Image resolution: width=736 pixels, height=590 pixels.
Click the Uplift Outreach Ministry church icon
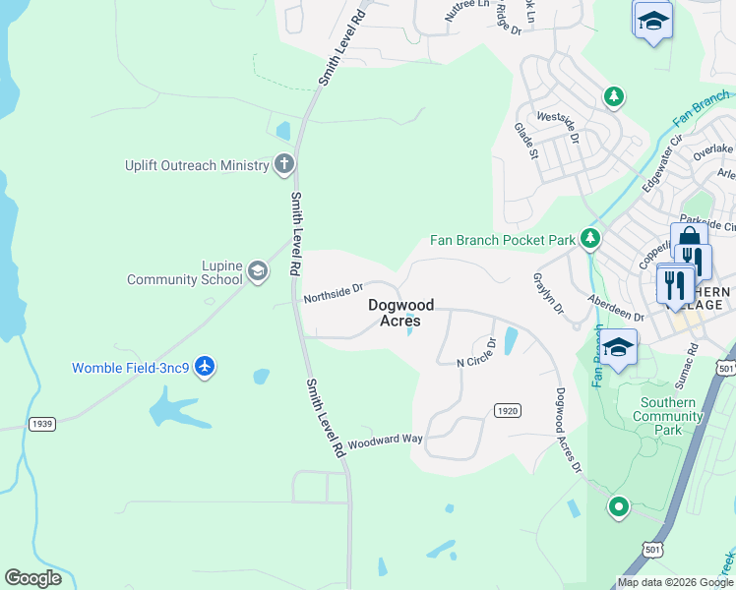[x=283, y=165]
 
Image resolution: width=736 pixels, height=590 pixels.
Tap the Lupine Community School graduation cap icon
[x=258, y=271]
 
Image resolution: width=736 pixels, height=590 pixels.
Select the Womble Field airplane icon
[x=205, y=368]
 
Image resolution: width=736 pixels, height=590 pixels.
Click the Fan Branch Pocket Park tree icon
[x=590, y=239]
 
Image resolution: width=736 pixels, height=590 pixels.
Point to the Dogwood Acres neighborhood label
[x=401, y=313]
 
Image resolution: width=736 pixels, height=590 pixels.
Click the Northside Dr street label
[x=334, y=292]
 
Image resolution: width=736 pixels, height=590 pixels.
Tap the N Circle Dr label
[x=476, y=356]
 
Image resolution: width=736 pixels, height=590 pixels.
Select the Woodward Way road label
[x=384, y=442]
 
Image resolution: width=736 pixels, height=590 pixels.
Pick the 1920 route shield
[x=507, y=410]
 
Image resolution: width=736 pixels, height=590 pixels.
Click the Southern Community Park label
[x=668, y=416]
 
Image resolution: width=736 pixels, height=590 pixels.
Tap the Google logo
[x=33, y=578]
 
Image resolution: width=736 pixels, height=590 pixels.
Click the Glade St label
[x=526, y=141]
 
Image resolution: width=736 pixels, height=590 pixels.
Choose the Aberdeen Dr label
[x=615, y=309]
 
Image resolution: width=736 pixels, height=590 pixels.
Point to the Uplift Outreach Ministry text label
[x=197, y=165]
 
